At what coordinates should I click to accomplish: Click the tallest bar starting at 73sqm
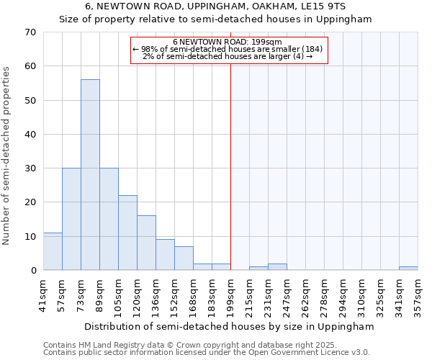[90, 175]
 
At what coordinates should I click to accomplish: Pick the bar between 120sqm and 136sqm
[146, 243]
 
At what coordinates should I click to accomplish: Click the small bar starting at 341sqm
[408, 269]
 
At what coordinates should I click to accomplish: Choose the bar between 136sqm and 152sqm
[165, 255]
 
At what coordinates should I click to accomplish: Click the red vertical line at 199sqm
[230, 166]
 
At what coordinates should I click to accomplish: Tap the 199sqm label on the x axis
[231, 295]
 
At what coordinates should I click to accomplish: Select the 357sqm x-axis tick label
[418, 295]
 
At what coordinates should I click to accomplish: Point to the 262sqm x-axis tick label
[306, 295]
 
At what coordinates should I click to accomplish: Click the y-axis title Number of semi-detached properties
[7, 156]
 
